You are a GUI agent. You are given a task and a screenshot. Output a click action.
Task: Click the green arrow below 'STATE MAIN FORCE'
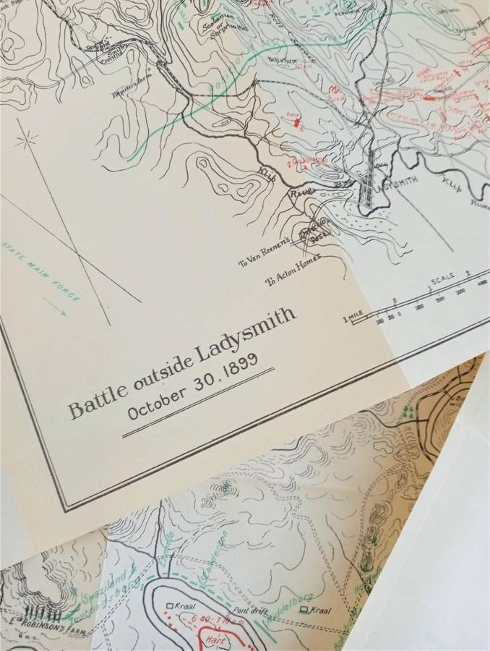click(x=54, y=307)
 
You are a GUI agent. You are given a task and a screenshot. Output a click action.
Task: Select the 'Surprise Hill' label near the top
click(x=222, y=29)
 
